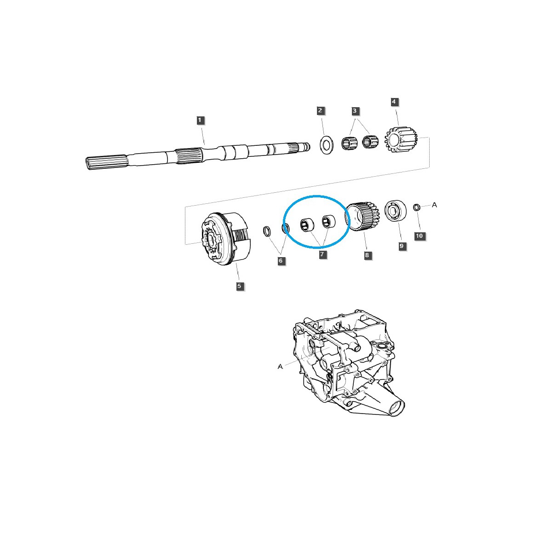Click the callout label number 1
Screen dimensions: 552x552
[x=200, y=120]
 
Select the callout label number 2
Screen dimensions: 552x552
[x=321, y=110]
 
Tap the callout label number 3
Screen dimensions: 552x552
[x=355, y=110]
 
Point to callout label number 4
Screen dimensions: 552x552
[x=394, y=101]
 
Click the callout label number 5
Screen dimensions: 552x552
[x=239, y=286]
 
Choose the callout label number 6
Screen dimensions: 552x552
[x=281, y=261]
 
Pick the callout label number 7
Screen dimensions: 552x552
[x=323, y=254]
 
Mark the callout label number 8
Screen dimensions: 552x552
[x=367, y=255]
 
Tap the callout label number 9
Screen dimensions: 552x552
[x=401, y=246]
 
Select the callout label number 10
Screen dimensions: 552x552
[x=419, y=236]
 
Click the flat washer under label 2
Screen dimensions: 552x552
[x=327, y=144]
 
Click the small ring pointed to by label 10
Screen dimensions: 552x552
[x=417, y=207]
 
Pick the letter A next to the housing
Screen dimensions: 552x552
[x=280, y=367]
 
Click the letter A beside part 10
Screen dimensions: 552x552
[x=434, y=205]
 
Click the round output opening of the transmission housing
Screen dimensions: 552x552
[x=397, y=408]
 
